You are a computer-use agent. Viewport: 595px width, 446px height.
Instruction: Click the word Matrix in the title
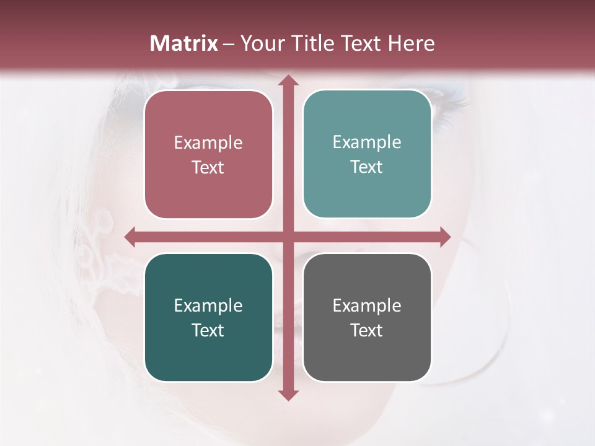[184, 43]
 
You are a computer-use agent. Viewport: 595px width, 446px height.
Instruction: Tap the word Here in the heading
[411, 43]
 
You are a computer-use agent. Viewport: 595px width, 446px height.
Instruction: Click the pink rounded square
[208, 154]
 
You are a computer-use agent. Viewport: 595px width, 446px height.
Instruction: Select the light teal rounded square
[367, 154]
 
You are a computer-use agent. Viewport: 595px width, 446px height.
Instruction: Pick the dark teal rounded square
[208, 317]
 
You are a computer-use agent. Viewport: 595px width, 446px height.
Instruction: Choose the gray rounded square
[367, 317]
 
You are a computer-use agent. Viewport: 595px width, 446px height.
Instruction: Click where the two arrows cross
[288, 237]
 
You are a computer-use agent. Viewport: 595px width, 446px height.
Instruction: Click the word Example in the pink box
[208, 143]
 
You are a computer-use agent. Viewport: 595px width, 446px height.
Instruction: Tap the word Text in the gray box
[367, 330]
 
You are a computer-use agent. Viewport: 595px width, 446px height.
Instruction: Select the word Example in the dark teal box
[208, 306]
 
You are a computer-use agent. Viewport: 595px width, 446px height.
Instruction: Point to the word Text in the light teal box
[367, 167]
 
